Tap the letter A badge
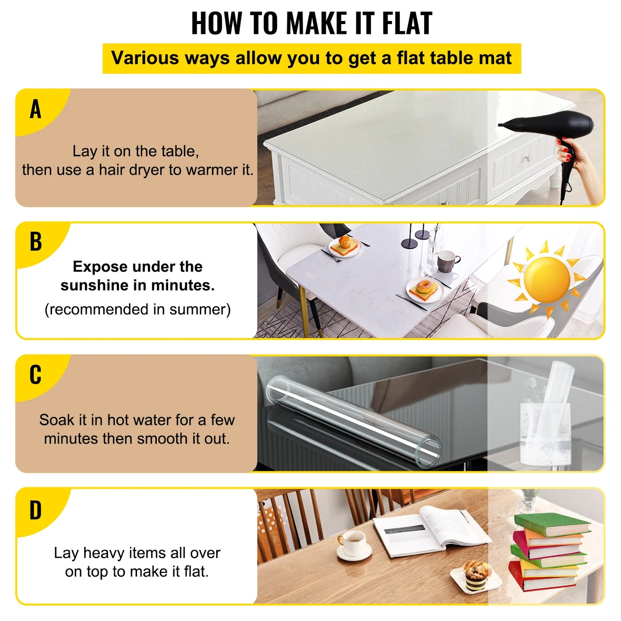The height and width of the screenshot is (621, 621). pyautogui.click(x=36, y=109)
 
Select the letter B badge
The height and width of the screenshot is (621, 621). pyautogui.click(x=36, y=242)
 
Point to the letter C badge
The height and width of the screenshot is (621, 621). pyautogui.click(x=36, y=375)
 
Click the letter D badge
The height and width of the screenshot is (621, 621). pyautogui.click(x=36, y=511)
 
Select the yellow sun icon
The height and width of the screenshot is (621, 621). pyautogui.click(x=547, y=279)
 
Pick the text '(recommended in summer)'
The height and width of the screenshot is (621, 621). pyautogui.click(x=138, y=309)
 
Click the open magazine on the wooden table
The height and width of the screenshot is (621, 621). pyautogui.click(x=430, y=531)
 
